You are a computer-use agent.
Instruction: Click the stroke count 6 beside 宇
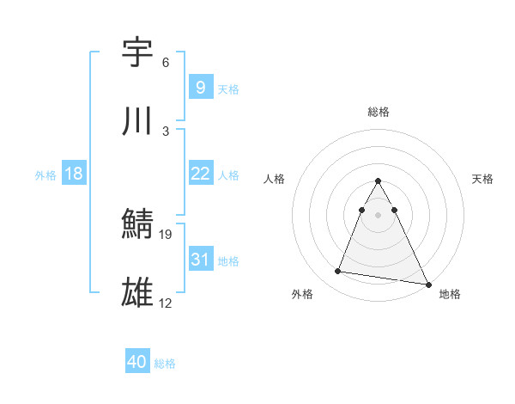click(166, 63)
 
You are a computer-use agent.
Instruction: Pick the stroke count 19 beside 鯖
click(167, 234)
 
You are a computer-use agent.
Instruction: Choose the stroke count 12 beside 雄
click(167, 303)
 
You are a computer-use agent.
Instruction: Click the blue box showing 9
click(200, 87)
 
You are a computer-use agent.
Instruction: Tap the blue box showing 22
click(200, 174)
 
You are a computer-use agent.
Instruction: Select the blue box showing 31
click(200, 260)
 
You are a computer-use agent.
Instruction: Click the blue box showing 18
click(74, 174)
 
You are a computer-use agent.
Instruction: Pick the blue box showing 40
click(136, 362)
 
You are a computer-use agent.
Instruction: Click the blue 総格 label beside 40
click(165, 364)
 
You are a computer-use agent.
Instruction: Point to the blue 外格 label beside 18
click(45, 174)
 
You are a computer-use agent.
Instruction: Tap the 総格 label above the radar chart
click(379, 112)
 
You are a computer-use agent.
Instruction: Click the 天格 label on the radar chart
click(482, 179)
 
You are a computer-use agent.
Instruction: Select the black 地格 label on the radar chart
click(450, 294)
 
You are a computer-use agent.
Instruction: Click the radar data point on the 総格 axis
click(379, 181)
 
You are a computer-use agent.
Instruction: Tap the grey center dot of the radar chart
click(379, 213)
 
